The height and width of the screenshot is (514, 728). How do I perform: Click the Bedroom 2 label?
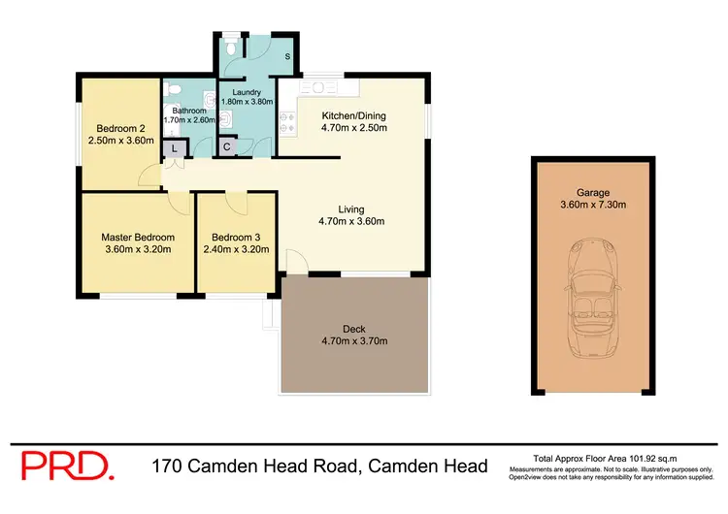pos(120,127)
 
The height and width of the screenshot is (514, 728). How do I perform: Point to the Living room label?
pos(351,208)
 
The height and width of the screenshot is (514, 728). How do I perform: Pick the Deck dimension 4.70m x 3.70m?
pos(354,340)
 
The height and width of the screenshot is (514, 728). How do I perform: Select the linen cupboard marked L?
pos(174,148)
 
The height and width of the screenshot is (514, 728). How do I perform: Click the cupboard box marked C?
pos(226,147)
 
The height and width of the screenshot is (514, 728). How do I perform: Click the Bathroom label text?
pos(190,111)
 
